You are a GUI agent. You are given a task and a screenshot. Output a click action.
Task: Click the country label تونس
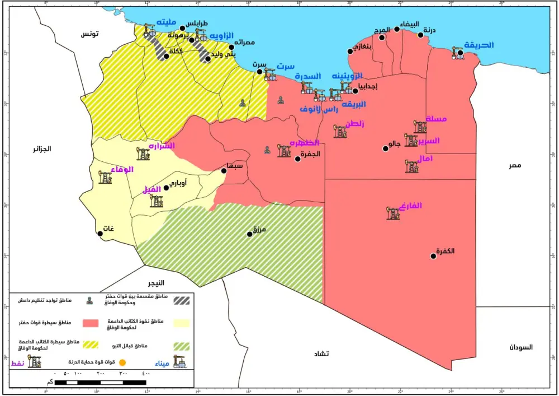pos(89,34)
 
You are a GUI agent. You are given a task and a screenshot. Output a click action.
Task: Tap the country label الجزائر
pos(42,149)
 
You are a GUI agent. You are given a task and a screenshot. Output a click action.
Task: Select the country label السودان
pos(520,347)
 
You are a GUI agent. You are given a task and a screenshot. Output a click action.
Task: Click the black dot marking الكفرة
pos(433,256)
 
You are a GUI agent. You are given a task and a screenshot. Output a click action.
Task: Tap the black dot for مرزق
pos(250,234)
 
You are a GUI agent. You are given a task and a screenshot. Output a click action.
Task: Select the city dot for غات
pos(100,234)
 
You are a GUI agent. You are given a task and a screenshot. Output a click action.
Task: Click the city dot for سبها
pos(224,171)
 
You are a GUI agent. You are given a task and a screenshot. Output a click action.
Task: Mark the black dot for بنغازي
pos(350,51)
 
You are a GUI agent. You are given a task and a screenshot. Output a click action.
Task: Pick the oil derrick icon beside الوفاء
pos(105,178)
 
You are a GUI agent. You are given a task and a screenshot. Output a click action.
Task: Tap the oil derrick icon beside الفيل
pos(156,200)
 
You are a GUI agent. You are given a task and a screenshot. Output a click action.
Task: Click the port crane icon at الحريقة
pos(457,53)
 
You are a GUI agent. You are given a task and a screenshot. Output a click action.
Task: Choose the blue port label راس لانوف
pos(319,109)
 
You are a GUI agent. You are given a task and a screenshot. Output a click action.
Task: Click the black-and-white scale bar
pos(101,383)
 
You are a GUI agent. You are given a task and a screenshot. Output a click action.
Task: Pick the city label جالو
pos(395,143)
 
